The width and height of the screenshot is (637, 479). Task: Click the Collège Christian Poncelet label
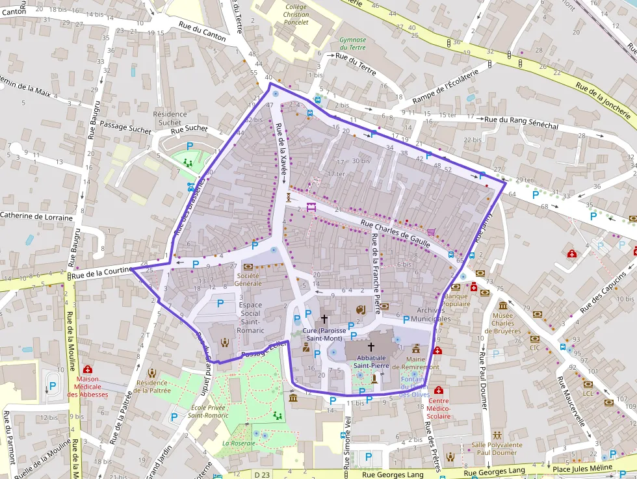pyautogui.click(x=296, y=14)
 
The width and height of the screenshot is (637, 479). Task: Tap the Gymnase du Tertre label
pyautogui.click(x=352, y=44)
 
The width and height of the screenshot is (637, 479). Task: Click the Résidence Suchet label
pyautogui.click(x=170, y=118)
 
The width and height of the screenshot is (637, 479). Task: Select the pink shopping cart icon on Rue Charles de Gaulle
pyautogui.click(x=432, y=231)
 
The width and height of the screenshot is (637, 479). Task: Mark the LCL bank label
pyautogui.click(x=588, y=393)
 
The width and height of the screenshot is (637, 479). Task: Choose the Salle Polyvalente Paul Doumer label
pyautogui.click(x=497, y=448)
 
